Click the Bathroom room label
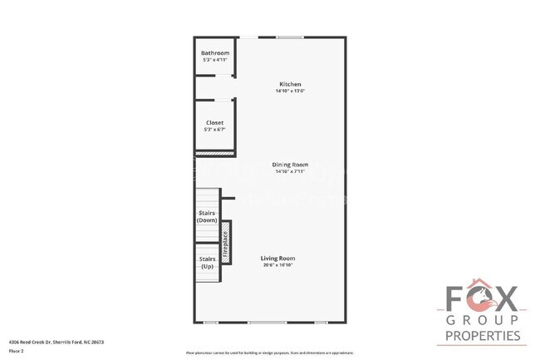pyautogui.click(x=214, y=53)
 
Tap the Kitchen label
pyautogui.click(x=290, y=84)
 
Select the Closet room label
pyautogui.click(x=214, y=122)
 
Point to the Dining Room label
pyautogui.click(x=290, y=165)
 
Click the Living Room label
pyautogui.click(x=278, y=259)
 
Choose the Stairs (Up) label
pyautogui.click(x=207, y=263)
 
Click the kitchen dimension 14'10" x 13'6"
pyautogui.click(x=290, y=91)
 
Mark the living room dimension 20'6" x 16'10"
pyautogui.click(x=278, y=265)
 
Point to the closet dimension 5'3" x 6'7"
pyautogui.click(x=214, y=130)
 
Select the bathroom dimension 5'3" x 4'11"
pyautogui.click(x=214, y=60)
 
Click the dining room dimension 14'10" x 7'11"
pyautogui.click(x=290, y=171)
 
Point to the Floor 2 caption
pyautogui.click(x=16, y=351)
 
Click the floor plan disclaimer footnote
pyautogui.click(x=263, y=352)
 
